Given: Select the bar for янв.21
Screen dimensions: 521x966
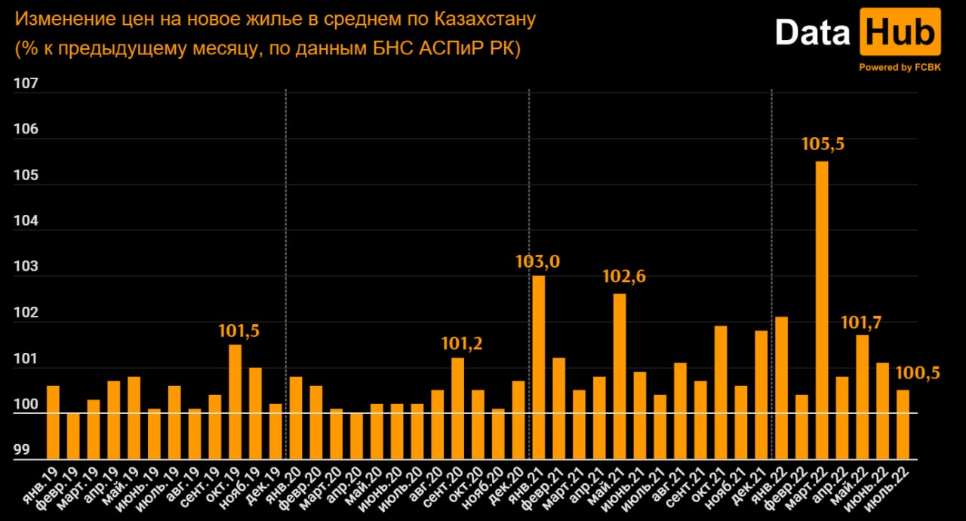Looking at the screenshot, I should point(539,366).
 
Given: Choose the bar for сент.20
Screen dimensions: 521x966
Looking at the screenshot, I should point(458,408).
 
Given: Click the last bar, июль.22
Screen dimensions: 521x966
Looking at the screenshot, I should point(903,424).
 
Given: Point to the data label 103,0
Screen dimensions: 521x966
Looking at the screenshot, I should point(537,262).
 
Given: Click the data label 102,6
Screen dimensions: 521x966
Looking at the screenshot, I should point(624,277).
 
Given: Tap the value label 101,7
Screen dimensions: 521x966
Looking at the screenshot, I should point(862,323).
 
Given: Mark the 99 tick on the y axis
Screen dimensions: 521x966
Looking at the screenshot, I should point(23,451).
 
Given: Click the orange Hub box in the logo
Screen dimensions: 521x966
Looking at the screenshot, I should point(900,32).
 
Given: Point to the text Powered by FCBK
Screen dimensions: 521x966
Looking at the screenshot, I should point(900,67).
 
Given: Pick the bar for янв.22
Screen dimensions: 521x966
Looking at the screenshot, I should point(781,388).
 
